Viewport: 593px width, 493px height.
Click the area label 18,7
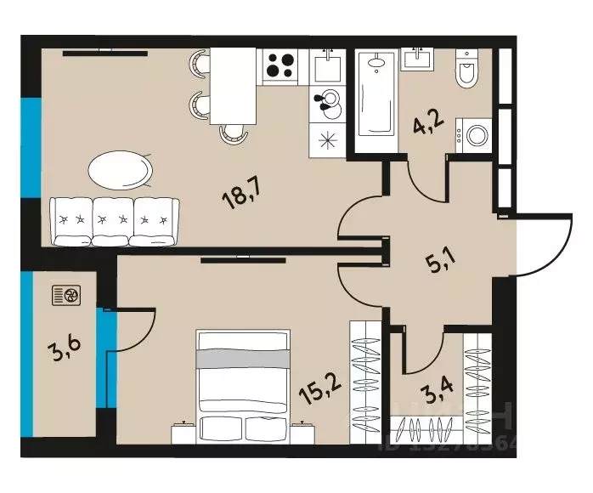[241, 196]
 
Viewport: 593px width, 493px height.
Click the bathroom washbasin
[417, 58]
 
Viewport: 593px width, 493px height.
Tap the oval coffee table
[121, 169]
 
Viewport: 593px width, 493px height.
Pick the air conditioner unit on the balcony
[68, 295]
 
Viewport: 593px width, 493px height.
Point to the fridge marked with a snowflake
[326, 140]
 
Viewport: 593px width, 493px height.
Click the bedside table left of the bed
[184, 432]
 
